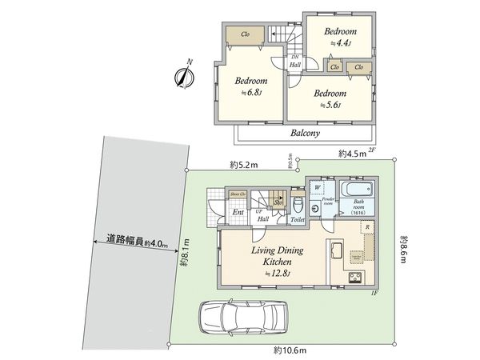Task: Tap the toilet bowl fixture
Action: click(x=297, y=202)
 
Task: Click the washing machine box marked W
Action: click(x=318, y=189)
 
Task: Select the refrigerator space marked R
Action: click(x=366, y=228)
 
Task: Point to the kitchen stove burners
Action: click(x=356, y=278)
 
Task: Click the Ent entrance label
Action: click(x=238, y=212)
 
